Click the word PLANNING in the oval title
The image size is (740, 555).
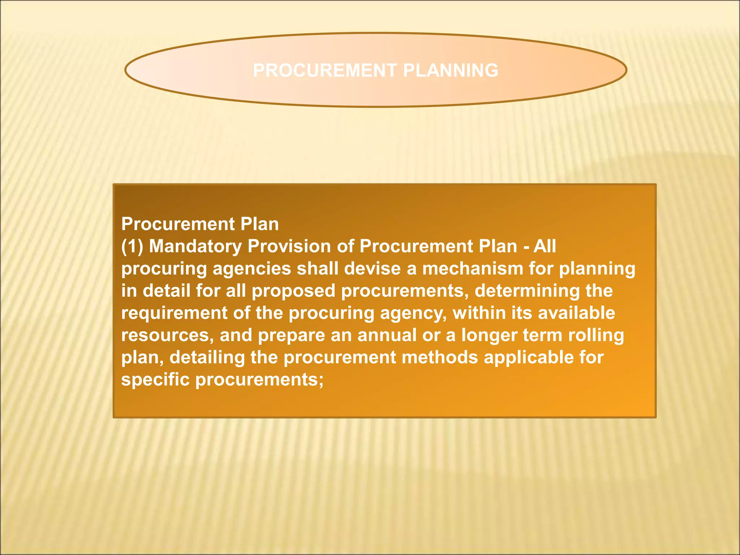click(451, 70)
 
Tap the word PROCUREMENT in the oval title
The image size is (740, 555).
click(325, 70)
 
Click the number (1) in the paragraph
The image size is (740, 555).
click(132, 247)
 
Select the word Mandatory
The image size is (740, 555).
click(195, 247)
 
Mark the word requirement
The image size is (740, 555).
click(174, 313)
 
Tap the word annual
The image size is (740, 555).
click(387, 336)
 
